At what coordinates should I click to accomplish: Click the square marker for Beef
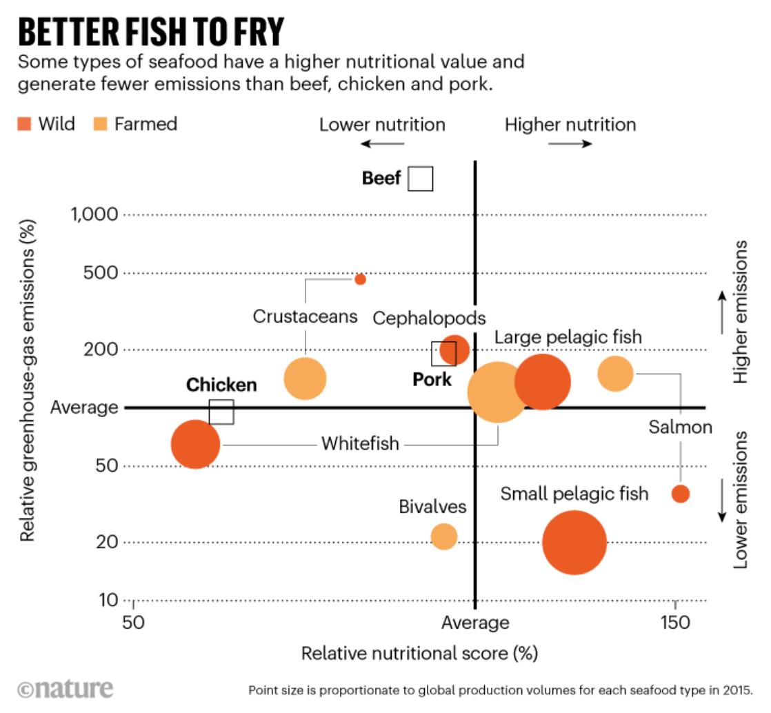pos(420,179)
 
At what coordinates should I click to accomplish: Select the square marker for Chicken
pos(221,412)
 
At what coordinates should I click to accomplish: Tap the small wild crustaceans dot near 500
pos(360,279)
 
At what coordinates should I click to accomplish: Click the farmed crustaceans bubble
pos(305,378)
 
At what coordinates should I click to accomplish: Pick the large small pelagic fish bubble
pos(574,542)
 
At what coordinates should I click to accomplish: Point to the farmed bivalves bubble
pos(444,536)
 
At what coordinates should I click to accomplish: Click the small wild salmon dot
pos(680,494)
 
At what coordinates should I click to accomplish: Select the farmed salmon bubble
pos(615,373)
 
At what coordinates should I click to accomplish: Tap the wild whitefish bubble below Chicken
pos(195,445)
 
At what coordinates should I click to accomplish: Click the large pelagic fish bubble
pos(543,382)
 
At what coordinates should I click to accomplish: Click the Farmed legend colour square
pos(99,124)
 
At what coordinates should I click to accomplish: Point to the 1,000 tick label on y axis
pos(95,214)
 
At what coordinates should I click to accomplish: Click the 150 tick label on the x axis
pos(674,623)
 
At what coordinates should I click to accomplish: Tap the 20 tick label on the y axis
pos(108,542)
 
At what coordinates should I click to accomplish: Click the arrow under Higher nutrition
pos(570,144)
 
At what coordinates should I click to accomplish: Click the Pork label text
pos(432,379)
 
